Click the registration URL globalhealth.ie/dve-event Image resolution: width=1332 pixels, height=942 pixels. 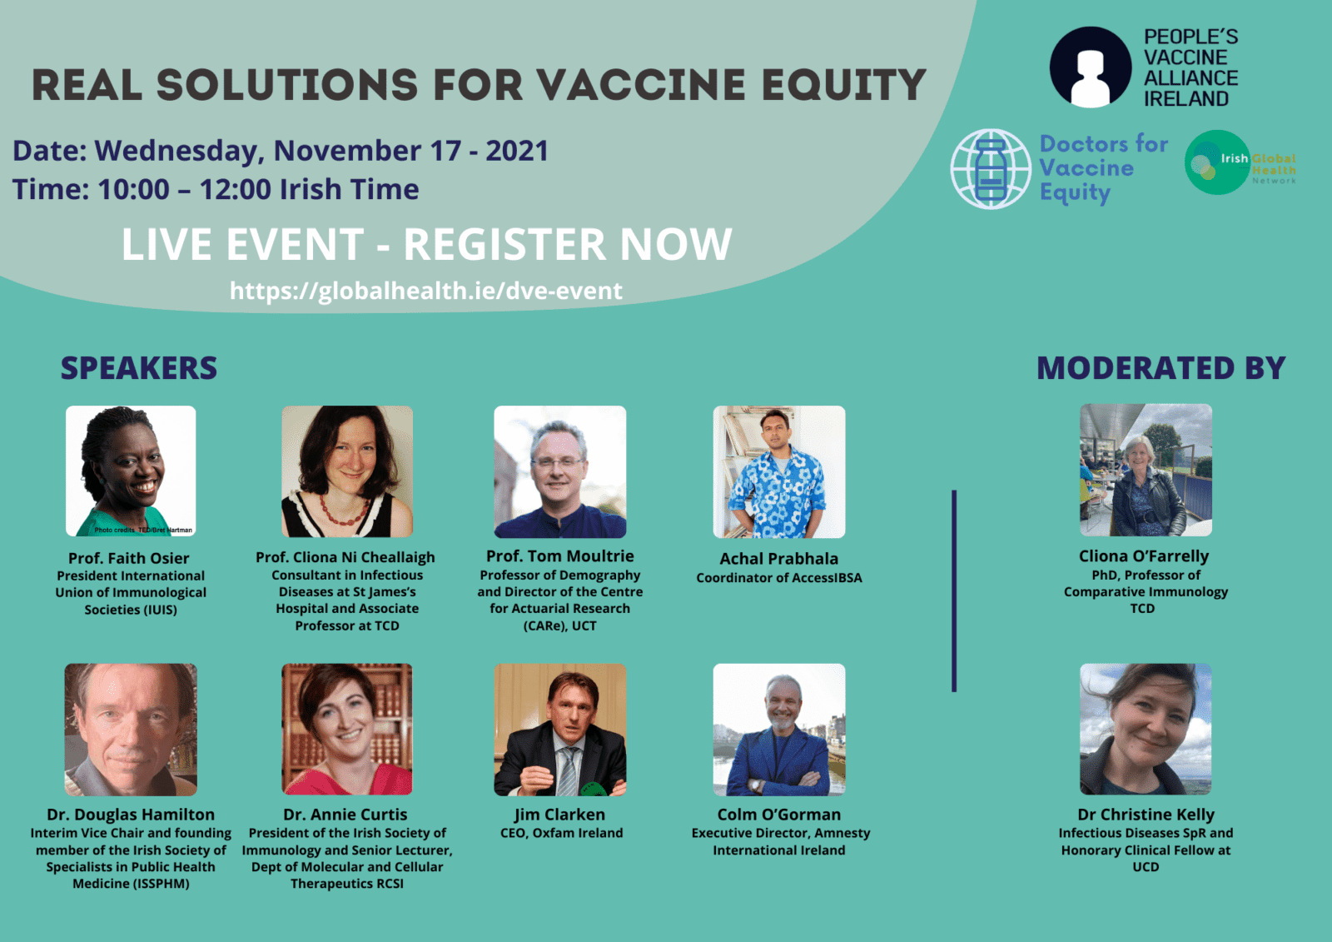425,291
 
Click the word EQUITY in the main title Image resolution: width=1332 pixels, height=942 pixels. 843,85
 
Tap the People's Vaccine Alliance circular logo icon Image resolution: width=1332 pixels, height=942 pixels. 1091,67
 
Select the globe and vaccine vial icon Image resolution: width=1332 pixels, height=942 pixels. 991,169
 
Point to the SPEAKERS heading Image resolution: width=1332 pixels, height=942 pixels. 138,368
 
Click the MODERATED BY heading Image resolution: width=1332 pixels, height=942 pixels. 1161,368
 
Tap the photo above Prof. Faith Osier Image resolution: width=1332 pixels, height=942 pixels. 131,471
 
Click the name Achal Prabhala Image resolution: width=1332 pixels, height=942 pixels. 778,559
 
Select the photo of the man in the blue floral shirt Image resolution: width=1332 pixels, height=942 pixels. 778,471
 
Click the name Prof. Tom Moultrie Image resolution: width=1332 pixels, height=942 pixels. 559,556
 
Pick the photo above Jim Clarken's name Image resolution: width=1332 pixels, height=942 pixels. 559,730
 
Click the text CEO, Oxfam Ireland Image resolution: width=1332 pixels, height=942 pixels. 561,833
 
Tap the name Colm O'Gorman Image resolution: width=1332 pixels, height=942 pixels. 778,815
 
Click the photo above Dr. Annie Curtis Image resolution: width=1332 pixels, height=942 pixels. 346,730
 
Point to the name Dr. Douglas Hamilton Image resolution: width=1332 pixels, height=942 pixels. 131,815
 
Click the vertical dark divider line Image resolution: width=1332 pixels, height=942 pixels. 954,591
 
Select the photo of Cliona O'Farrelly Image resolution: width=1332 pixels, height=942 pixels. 1146,470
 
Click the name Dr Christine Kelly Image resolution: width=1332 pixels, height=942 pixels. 1146,815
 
